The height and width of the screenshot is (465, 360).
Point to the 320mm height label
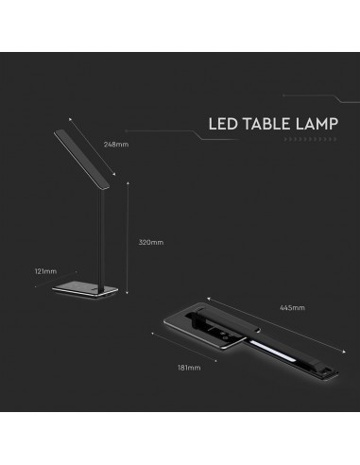click(151, 242)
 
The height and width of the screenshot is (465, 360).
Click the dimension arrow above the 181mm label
click(185, 352)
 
